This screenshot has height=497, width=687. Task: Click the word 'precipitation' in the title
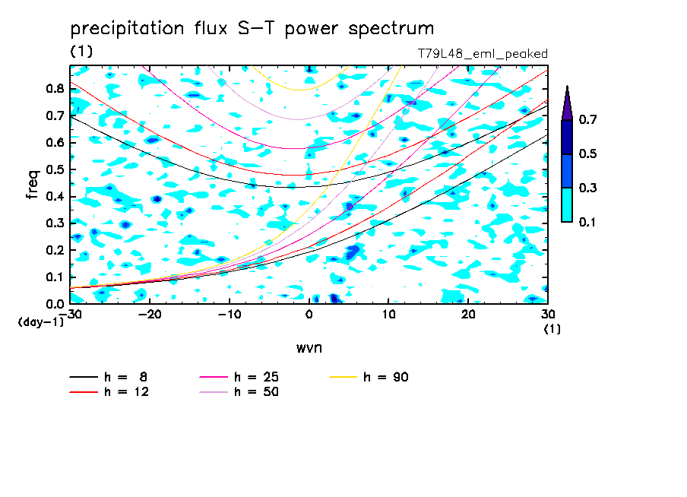click(x=127, y=29)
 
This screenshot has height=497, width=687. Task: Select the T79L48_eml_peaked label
click(x=483, y=54)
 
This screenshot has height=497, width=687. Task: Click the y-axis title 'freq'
click(x=33, y=184)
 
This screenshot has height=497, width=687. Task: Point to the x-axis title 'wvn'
click(x=309, y=348)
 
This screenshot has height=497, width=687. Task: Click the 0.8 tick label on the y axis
click(x=55, y=88)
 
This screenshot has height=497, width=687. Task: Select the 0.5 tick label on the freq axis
click(x=55, y=169)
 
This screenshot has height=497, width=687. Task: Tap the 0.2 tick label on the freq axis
click(x=55, y=250)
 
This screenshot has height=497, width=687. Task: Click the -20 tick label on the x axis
click(x=150, y=315)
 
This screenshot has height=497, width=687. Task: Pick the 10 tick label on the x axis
click(x=388, y=315)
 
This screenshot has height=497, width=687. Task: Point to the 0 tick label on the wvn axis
click(x=309, y=315)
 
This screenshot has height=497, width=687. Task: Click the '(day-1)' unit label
click(x=40, y=322)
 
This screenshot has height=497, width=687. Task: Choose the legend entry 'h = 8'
click(x=108, y=377)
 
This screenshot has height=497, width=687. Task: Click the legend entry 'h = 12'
click(x=109, y=392)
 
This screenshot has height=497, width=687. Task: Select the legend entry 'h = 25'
click(x=239, y=377)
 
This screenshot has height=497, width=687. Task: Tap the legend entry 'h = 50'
click(x=239, y=392)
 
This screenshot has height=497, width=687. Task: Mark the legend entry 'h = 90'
click(x=369, y=377)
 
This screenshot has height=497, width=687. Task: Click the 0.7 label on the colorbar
click(x=587, y=119)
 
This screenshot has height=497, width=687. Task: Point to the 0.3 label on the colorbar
click(x=587, y=188)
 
